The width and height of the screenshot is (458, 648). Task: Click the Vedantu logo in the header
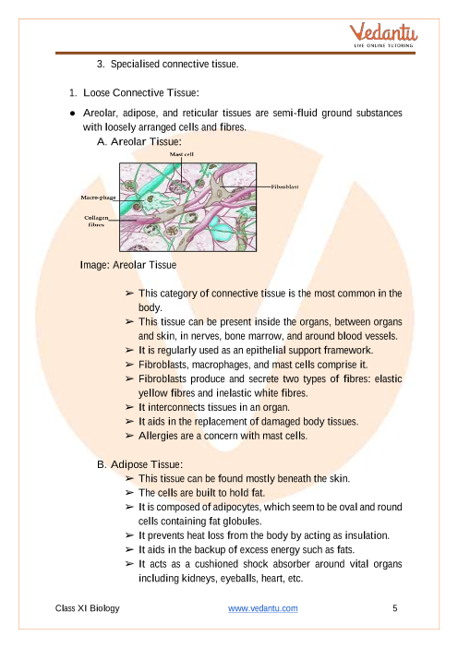(x=383, y=35)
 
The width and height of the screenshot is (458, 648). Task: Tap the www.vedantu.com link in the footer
(x=263, y=608)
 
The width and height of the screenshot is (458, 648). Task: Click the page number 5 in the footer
(x=395, y=608)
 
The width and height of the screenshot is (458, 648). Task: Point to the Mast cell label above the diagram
(x=182, y=154)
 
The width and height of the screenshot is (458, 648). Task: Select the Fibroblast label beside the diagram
(x=284, y=186)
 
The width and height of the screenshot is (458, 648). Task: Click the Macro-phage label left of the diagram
(x=99, y=198)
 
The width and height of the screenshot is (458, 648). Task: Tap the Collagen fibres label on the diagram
(x=96, y=222)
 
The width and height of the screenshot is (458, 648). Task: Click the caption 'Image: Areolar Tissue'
(x=128, y=265)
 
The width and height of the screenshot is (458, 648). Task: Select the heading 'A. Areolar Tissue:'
(x=139, y=142)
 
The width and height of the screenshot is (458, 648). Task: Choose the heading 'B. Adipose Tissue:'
(x=139, y=464)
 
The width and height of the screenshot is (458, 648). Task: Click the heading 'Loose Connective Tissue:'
(x=141, y=92)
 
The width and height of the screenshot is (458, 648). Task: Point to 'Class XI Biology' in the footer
(x=87, y=608)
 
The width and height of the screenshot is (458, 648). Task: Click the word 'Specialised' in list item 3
(x=135, y=64)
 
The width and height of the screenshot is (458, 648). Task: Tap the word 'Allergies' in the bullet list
(x=158, y=436)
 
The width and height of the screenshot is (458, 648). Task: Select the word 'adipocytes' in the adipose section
(x=237, y=507)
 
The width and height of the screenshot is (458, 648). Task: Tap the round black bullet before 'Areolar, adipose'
(x=73, y=114)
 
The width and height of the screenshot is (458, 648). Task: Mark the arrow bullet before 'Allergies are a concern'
(x=129, y=436)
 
